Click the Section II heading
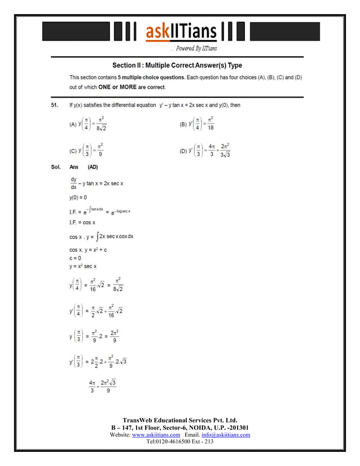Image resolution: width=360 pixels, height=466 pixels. coord(177,65)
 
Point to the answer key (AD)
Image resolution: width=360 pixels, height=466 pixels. coord(94,167)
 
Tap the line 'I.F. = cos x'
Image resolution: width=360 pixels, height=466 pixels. coord(82,223)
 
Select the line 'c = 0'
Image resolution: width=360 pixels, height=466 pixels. coord(76,258)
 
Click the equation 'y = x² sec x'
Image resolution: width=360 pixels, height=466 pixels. coord(83,266)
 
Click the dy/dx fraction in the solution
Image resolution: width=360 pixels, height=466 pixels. coord(73,183)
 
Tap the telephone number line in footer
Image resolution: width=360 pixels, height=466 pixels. coord(179,442)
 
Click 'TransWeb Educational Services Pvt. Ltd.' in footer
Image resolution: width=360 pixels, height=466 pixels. coord(179,420)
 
